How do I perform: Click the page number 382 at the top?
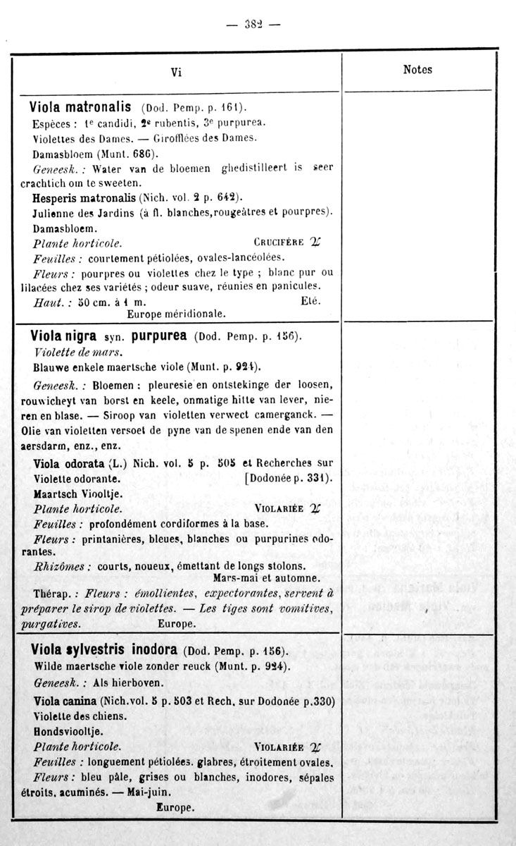tap(253, 23)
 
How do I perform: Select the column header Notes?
tap(417, 69)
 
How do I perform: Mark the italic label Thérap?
tap(51, 594)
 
